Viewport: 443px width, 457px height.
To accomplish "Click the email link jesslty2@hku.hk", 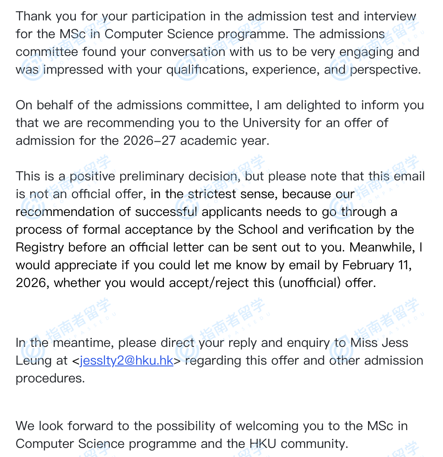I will (x=127, y=360).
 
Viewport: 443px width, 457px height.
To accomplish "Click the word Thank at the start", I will (x=33, y=16).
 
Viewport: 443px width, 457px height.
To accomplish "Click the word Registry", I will (x=40, y=248).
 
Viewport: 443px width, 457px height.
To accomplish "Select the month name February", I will (x=368, y=265).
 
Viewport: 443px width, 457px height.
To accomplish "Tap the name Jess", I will (x=395, y=343).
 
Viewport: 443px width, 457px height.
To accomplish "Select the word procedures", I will (x=50, y=378).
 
